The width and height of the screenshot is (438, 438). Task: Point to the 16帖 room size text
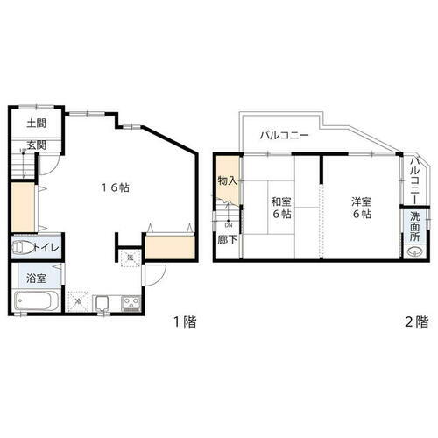point(114,187)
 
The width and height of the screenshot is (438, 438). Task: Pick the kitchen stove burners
point(131,305)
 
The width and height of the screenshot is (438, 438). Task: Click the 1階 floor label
point(184,321)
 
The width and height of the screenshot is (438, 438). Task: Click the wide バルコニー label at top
point(285,137)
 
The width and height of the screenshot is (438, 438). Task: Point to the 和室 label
point(281,201)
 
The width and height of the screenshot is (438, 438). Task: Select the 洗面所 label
point(415,229)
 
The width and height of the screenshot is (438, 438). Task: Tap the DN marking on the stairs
point(228,224)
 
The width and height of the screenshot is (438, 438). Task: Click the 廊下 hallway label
point(227,239)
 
